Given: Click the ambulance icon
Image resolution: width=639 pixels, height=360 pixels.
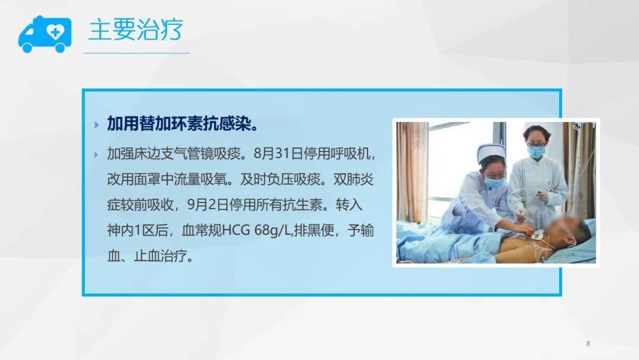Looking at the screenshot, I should (44, 34).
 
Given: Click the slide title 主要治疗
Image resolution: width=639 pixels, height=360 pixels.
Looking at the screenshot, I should (135, 30).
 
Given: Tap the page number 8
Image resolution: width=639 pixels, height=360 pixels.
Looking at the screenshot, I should (588, 343).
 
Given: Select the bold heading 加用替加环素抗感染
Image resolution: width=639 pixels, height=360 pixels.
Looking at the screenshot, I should (182, 124).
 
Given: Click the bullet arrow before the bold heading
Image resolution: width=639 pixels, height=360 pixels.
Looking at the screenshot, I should (96, 125).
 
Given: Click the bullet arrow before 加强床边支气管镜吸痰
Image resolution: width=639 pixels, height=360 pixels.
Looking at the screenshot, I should (96, 155).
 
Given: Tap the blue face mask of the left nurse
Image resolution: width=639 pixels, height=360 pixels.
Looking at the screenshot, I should (493, 182).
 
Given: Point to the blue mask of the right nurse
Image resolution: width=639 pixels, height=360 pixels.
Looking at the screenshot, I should (535, 152).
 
